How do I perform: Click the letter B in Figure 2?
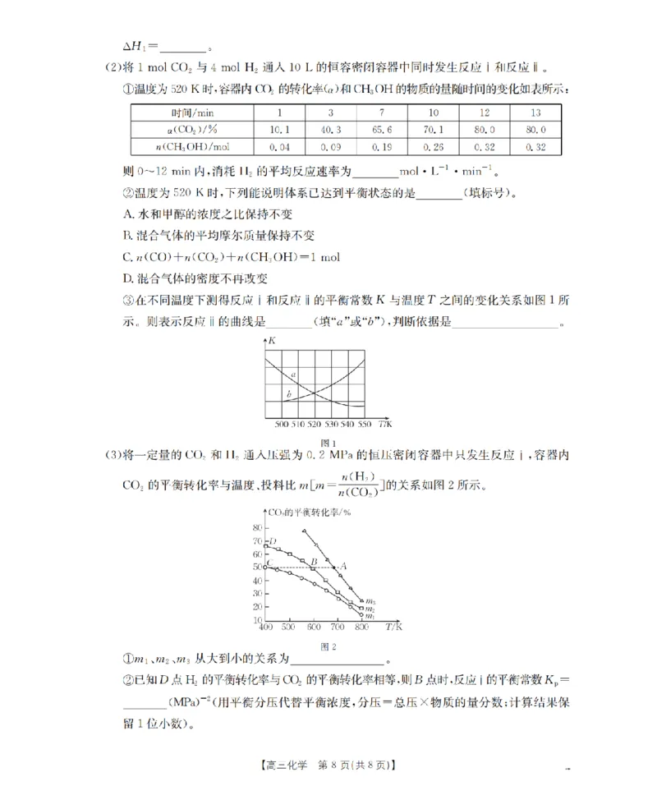[313, 562]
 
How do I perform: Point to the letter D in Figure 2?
[273, 542]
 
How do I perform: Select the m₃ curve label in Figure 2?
[370, 601]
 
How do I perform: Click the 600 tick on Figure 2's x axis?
[312, 627]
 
